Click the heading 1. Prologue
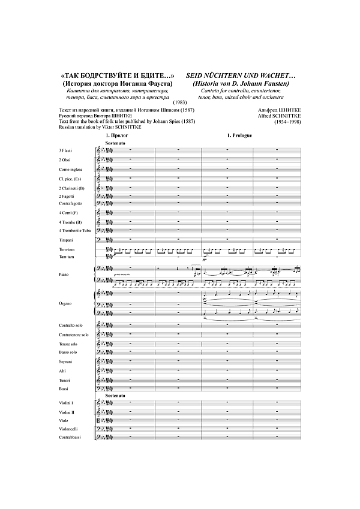(240, 137)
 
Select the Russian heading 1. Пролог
(117, 137)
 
